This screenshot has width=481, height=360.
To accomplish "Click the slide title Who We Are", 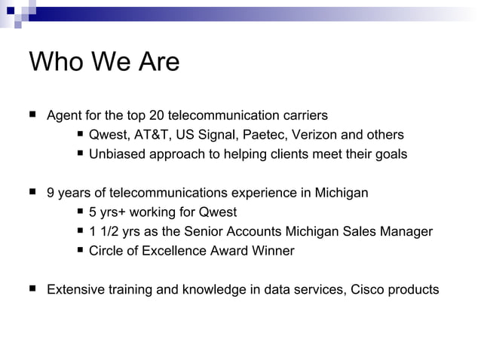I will tap(104, 62).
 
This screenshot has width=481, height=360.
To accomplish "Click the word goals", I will tap(391, 154).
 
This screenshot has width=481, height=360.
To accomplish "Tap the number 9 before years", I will tap(51, 193).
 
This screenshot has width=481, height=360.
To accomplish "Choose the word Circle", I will tap(106, 251).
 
